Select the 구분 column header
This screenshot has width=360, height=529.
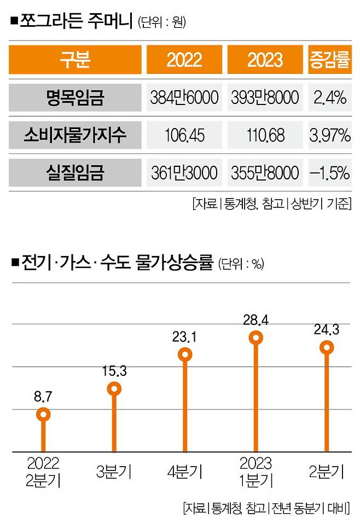[x=75, y=60]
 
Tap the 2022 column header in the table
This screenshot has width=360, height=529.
[x=184, y=60]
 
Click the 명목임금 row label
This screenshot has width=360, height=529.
[x=75, y=98]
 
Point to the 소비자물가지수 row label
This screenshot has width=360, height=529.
[x=75, y=136]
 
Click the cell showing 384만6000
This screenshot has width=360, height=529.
[x=184, y=98]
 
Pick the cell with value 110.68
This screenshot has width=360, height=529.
[x=265, y=136]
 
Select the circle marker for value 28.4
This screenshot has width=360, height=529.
[x=256, y=337]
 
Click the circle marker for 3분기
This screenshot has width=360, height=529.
[x=114, y=389]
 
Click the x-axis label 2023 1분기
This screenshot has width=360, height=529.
[x=256, y=472]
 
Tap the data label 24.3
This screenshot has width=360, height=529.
[x=327, y=330]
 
